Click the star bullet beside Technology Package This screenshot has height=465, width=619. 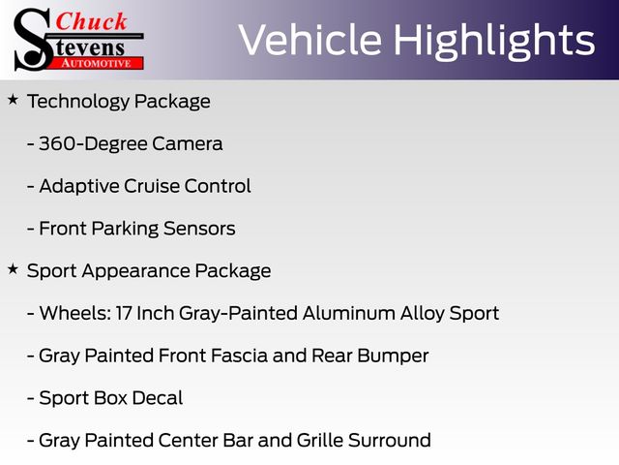point(13,99)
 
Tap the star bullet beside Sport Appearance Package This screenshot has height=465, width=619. point(13,269)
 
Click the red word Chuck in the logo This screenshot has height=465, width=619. point(91,21)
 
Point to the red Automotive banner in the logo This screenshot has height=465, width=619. point(97,63)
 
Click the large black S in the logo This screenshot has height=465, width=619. point(32,40)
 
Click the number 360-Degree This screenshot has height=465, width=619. point(93,144)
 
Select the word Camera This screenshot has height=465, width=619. point(188,143)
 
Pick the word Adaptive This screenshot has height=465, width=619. point(78,186)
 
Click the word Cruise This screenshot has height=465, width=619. point(151,186)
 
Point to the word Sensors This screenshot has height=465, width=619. point(199,229)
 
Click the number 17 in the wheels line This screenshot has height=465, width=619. point(123,313)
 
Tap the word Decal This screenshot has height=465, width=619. point(157,398)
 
